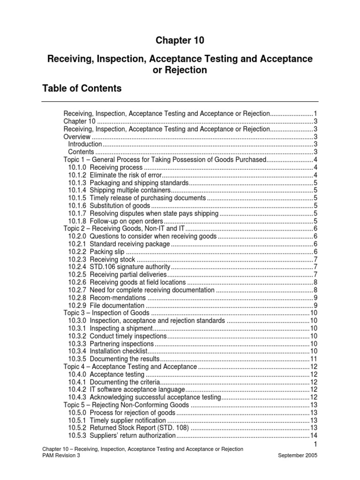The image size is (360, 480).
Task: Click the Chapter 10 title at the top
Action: point(180,41)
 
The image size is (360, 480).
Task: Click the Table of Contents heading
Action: point(82,88)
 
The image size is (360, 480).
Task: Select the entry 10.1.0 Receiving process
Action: point(105,167)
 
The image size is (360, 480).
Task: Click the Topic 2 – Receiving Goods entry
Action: point(125,228)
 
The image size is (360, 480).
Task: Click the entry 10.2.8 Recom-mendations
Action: point(107,297)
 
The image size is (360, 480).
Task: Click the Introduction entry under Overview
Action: point(85,144)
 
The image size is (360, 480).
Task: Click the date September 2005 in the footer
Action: point(298,455)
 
